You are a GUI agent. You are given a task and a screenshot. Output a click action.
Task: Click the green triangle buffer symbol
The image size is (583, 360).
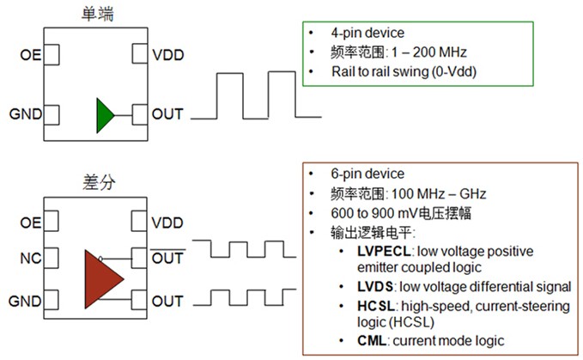105,116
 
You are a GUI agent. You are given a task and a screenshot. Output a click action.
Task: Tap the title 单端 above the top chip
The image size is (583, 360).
97,14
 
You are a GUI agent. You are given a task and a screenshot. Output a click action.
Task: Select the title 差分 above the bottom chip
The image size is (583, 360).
99,182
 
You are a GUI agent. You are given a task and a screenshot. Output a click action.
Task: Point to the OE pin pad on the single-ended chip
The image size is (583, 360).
52,55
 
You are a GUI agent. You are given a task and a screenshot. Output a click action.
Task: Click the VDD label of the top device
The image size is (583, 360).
168,55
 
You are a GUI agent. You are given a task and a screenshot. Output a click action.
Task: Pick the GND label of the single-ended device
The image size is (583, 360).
25,113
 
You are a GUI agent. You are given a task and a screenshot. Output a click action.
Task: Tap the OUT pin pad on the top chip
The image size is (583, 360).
140,115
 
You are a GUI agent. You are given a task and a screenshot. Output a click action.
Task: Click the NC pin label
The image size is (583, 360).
31,258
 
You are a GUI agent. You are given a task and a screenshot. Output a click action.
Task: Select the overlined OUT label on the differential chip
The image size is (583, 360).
167,258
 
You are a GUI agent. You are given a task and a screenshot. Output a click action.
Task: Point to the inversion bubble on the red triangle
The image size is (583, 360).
100,259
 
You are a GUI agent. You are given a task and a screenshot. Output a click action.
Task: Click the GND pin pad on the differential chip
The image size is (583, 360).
51,300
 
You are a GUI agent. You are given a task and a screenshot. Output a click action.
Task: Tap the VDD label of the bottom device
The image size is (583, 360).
167,223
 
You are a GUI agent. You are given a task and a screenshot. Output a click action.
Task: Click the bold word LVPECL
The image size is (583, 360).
384,252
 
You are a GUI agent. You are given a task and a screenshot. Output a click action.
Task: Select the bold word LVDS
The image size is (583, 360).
374,287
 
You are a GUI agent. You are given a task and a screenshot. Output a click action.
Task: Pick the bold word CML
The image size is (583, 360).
372,340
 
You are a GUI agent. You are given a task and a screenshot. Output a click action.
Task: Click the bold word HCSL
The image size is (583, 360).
376,306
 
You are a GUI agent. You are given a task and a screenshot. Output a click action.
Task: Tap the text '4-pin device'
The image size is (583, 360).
367,33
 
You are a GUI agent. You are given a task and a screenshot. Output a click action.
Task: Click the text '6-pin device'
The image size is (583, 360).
367,174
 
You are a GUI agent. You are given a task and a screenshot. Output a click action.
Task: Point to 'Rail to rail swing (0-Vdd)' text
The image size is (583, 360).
404,71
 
